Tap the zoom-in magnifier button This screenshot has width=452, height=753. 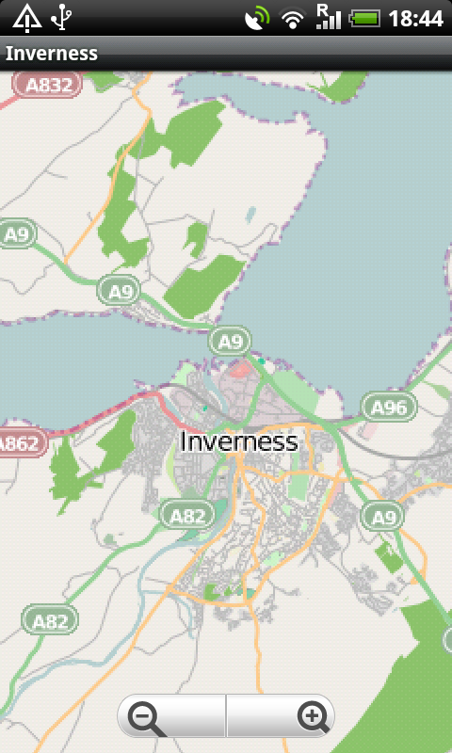pyautogui.click(x=311, y=718)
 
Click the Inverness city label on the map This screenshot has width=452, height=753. pyautogui.click(x=238, y=441)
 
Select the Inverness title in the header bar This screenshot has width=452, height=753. pyautogui.click(x=52, y=54)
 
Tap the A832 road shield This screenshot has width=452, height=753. pyautogui.click(x=48, y=86)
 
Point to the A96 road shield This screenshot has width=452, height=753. pyautogui.click(x=389, y=408)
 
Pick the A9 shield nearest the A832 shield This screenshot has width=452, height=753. pyautogui.click(x=17, y=234)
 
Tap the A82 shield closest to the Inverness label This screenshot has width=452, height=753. pyautogui.click(x=187, y=514)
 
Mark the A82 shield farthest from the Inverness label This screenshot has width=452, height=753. pyautogui.click(x=50, y=620)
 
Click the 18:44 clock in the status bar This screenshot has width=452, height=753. pyautogui.click(x=415, y=18)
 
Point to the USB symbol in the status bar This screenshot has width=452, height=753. pyautogui.click(x=62, y=17)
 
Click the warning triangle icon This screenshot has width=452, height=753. pyautogui.click(x=26, y=17)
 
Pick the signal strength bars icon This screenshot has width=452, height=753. pyautogui.click(x=328, y=17)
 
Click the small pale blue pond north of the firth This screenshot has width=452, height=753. pyautogui.click(x=250, y=214)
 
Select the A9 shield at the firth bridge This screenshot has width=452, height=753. pyautogui.click(x=230, y=341)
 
